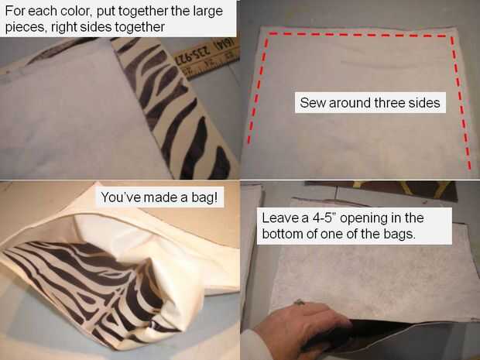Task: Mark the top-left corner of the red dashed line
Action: click(x=269, y=33)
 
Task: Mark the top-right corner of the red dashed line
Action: click(x=452, y=36)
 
